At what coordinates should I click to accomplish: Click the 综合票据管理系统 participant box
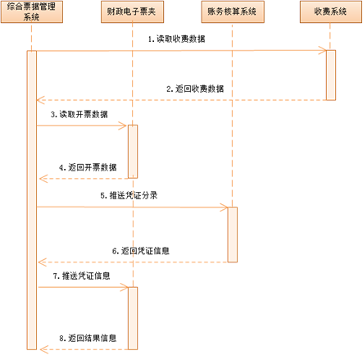click(32, 11)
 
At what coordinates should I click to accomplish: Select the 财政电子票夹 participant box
click(132, 11)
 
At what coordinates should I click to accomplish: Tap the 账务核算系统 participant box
click(233, 11)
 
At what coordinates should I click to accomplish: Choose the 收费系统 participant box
click(331, 11)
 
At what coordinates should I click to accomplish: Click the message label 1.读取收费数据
click(176, 39)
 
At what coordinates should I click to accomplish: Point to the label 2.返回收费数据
click(195, 89)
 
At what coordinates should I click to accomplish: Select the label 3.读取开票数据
click(79, 114)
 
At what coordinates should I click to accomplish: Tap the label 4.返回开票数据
click(88, 167)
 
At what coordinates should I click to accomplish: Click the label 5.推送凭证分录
click(129, 195)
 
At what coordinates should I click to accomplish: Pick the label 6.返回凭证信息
click(141, 251)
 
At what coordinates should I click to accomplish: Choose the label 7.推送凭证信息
click(81, 276)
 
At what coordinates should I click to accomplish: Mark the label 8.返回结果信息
click(88, 338)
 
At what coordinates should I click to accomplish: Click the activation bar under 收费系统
click(331, 75)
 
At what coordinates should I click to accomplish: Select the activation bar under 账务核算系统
click(233, 235)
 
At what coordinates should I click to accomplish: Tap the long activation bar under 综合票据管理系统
click(32, 200)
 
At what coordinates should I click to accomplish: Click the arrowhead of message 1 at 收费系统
click(323, 50)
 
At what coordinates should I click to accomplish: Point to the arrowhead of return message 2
click(40, 100)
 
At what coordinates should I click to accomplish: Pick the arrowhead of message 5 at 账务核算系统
click(225, 207)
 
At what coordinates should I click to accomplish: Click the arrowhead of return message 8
click(43, 349)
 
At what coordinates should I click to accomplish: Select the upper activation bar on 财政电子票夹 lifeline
click(133, 152)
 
